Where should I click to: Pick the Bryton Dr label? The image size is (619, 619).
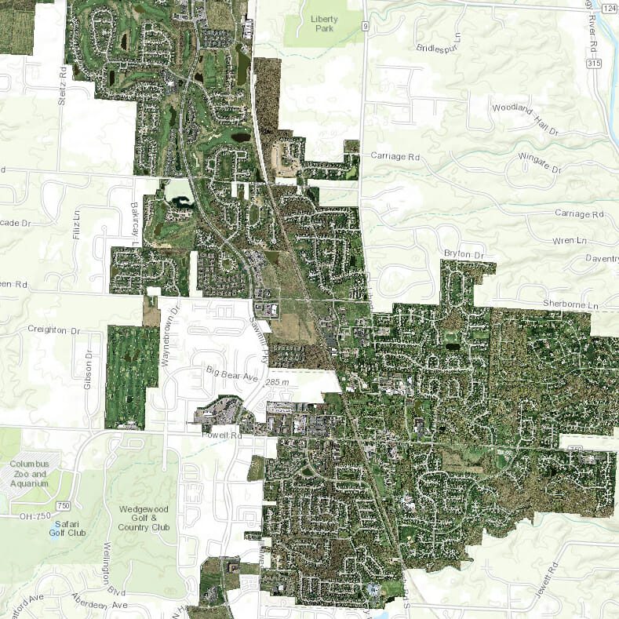pyautogui.click(x=466, y=253)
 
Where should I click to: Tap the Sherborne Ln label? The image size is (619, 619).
pyautogui.click(x=570, y=304)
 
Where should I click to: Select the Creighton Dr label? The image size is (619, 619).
pyautogui.click(x=54, y=330)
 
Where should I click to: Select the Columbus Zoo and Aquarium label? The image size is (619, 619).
pyautogui.click(x=30, y=474)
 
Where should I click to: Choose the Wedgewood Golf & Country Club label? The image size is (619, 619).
pyautogui.click(x=144, y=518)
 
